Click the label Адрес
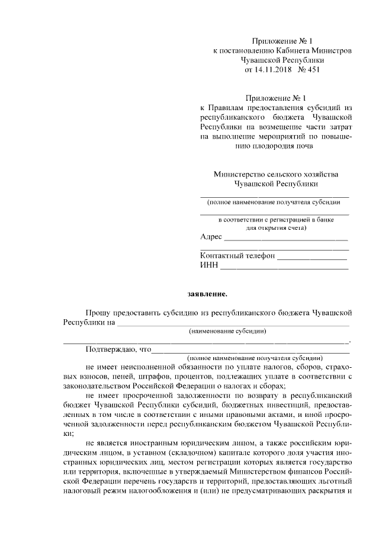pos(211,237)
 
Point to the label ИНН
pos(209,267)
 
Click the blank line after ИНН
pos(284,268)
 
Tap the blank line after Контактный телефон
pos(312,258)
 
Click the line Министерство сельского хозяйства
pos(275,174)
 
